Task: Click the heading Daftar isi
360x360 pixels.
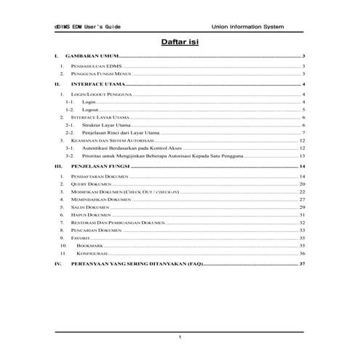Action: [x=180, y=42]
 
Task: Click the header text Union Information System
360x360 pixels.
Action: [x=248, y=26]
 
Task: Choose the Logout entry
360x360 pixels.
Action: [x=91, y=109]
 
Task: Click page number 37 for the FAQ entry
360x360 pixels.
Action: [x=301, y=264]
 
